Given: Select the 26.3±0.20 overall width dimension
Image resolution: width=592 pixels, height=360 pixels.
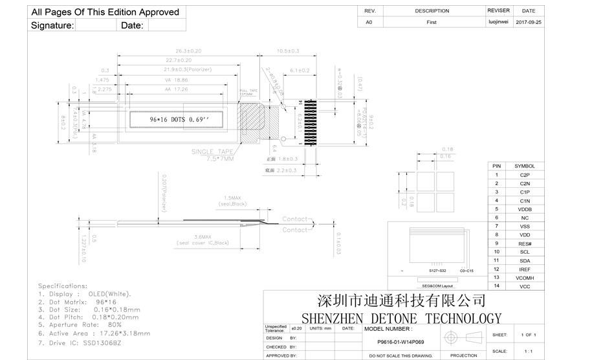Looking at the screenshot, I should click(188, 51).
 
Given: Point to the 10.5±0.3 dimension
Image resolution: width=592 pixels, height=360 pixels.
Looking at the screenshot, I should click(288, 51).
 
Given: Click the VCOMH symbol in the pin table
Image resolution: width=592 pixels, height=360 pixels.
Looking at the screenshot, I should click(525, 277).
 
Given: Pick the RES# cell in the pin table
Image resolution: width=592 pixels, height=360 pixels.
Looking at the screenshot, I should click(525, 243).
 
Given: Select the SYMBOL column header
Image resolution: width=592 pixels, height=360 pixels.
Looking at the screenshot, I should click(524, 166).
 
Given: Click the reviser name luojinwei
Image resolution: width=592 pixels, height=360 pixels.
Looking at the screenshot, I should click(498, 22).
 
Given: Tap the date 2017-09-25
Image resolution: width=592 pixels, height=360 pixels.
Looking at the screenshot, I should click(529, 22).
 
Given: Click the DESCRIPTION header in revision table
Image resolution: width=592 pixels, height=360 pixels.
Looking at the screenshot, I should click(432, 11).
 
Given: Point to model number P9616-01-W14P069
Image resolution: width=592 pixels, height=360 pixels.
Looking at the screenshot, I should click(400, 341).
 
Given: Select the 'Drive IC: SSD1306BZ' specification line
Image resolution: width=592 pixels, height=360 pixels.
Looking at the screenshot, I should click(80, 343).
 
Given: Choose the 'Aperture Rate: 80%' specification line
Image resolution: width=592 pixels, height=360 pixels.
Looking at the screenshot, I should click(80, 324).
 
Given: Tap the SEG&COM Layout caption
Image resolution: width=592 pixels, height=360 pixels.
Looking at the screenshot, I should click(437, 286).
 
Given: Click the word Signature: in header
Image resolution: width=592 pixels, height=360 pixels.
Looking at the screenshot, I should click(52, 25).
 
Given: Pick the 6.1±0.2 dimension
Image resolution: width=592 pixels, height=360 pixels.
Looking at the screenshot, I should click(299, 70).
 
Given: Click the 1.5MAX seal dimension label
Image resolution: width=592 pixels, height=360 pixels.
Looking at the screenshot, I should click(232, 197).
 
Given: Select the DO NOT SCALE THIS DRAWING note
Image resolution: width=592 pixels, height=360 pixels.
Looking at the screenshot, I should click(400, 355).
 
